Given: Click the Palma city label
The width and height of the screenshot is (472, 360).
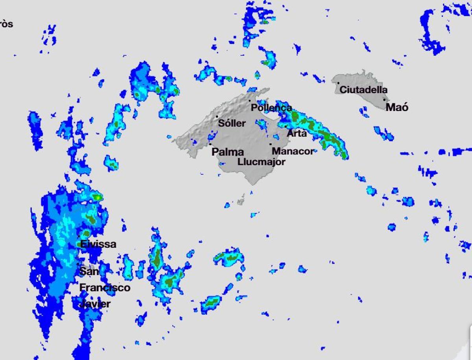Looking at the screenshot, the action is click(x=228, y=152).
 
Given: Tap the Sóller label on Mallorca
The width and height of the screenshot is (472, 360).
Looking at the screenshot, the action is click(x=232, y=123).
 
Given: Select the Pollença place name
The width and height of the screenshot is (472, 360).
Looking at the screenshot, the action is click(x=271, y=107).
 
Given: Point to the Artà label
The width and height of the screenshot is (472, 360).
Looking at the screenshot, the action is click(x=297, y=133).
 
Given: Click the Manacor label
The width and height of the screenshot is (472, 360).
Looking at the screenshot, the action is click(x=293, y=151).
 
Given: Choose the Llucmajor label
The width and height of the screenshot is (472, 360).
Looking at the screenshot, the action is click(x=261, y=162).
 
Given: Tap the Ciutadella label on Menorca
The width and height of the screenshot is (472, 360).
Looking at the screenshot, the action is click(x=363, y=90).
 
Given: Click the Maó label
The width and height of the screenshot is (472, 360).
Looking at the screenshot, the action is click(x=397, y=107).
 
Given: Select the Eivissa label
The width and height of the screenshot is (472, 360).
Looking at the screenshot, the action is click(x=98, y=244).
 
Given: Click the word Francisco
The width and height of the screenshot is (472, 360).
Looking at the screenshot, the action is click(x=105, y=288).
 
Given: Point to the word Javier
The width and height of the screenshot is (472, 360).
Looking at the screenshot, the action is click(x=95, y=304).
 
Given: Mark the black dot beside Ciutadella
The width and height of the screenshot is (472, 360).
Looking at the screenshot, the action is click(x=338, y=83).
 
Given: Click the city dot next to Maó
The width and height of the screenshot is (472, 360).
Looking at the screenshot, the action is click(x=384, y=100).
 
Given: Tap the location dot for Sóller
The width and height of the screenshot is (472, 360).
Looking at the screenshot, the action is click(x=217, y=116).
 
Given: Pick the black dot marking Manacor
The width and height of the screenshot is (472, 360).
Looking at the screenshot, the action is click(x=271, y=144).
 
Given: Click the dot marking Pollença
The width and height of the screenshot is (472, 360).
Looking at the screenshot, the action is click(x=249, y=101).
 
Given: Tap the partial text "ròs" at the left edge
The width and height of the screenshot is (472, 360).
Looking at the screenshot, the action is click(x=6, y=24).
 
